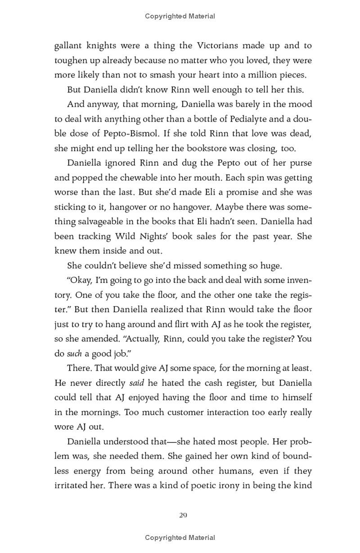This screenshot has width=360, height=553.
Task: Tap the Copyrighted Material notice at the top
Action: [x=180, y=16]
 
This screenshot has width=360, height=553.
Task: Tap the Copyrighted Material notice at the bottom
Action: [x=180, y=537]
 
